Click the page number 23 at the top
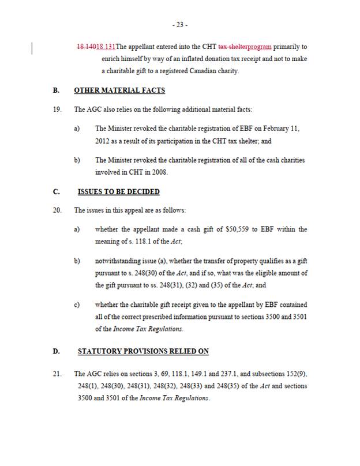click(x=179, y=25)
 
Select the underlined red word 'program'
click(x=259, y=46)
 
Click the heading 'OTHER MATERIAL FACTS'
click(x=119, y=91)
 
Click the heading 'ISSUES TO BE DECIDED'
click(x=119, y=191)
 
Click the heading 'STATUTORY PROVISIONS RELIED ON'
click(x=143, y=351)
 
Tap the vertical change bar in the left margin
click(x=32, y=46)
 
